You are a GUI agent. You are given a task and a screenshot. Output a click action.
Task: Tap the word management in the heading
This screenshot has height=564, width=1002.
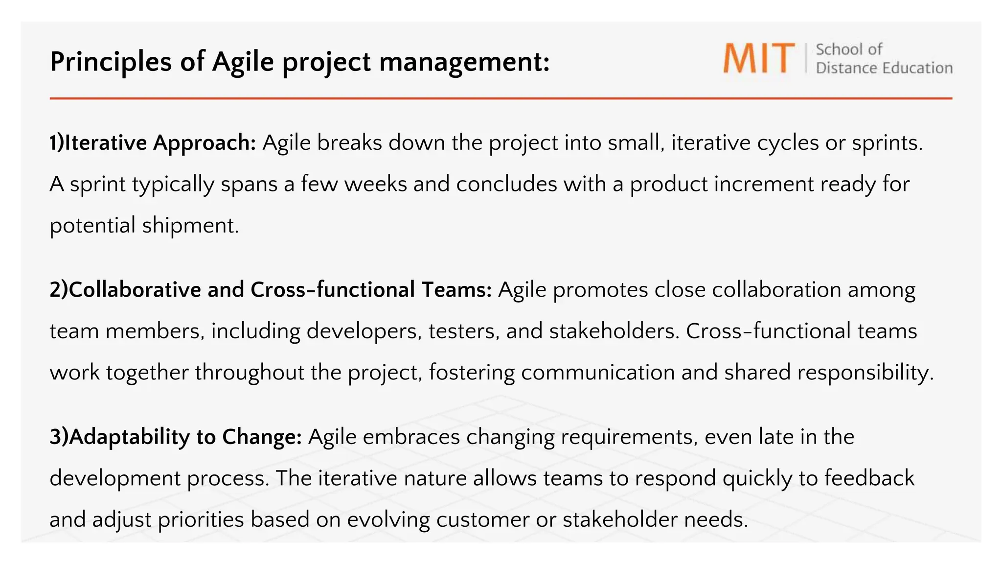coord(464,62)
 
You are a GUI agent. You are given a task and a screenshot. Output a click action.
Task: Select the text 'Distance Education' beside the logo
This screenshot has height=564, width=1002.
coord(884,68)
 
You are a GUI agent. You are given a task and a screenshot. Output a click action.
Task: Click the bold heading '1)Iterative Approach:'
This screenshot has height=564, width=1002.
coord(153,143)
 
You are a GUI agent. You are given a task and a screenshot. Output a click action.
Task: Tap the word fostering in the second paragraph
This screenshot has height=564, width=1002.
coord(472,373)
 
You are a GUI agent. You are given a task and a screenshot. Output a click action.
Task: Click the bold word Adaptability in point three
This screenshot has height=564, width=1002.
coord(129,437)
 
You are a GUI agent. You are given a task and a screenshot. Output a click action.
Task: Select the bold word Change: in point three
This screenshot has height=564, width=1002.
coord(262,437)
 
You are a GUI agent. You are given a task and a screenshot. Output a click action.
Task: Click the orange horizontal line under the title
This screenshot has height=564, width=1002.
coord(501,98)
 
